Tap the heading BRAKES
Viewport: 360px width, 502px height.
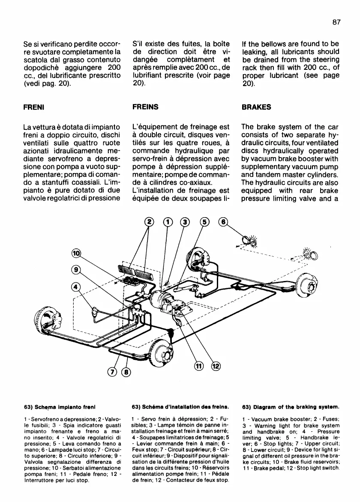click(x=256, y=107)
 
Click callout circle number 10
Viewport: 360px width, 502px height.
click(x=75, y=254)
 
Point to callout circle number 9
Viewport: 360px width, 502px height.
click(x=75, y=270)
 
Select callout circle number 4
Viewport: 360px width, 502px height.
click(x=75, y=287)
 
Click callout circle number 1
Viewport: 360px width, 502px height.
click(x=168, y=221)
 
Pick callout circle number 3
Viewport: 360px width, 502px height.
click(x=185, y=221)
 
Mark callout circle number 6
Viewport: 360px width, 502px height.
click(x=222, y=221)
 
